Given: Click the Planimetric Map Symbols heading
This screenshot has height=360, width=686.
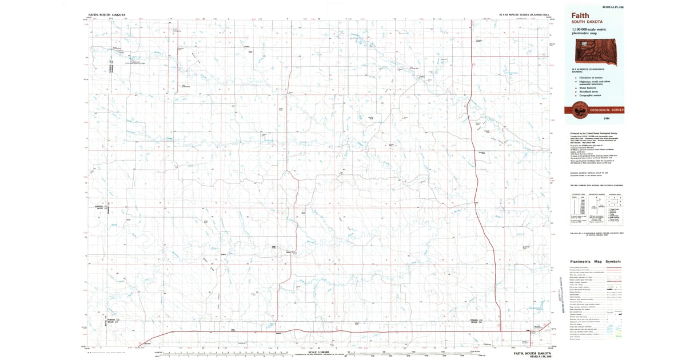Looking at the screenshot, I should [x=595, y=262].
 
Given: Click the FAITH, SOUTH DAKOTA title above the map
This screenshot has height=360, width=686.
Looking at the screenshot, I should [x=107, y=14].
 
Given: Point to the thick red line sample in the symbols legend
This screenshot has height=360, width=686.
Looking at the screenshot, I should [x=612, y=267].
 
